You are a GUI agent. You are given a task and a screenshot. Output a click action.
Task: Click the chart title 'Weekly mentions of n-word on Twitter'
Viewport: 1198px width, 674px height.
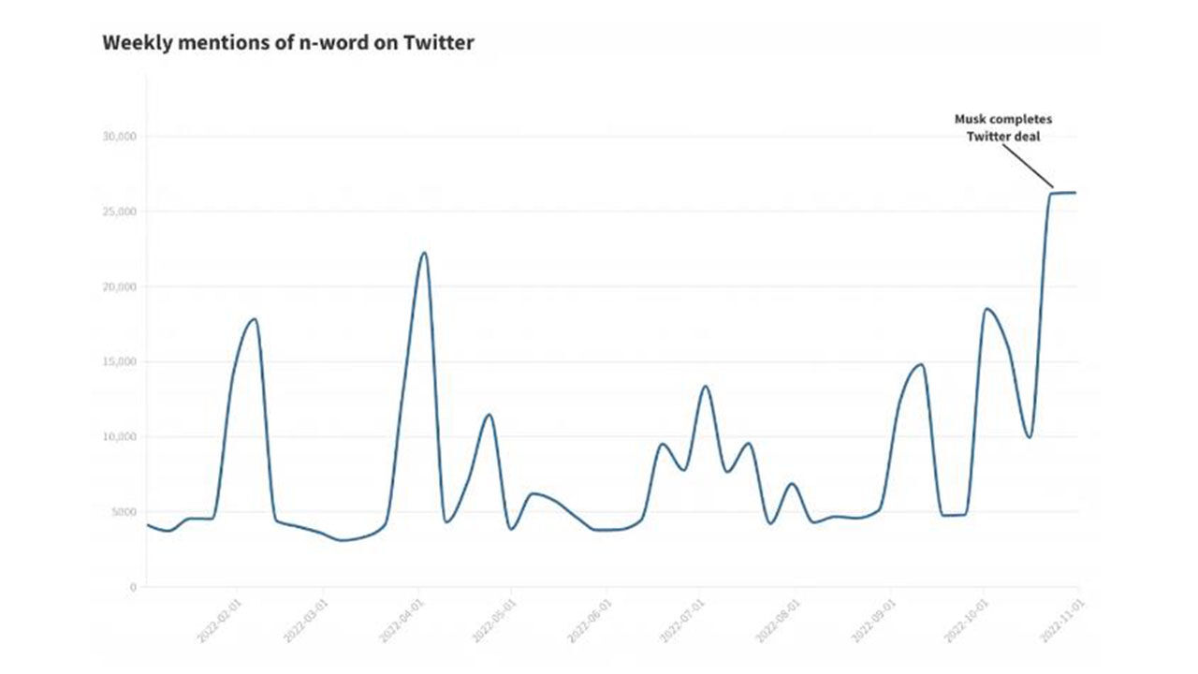pos(287,43)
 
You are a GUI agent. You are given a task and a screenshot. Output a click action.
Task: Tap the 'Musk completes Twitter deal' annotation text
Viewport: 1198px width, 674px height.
pos(1002,128)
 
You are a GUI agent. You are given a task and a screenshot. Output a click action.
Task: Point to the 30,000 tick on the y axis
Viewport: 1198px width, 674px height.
pos(119,137)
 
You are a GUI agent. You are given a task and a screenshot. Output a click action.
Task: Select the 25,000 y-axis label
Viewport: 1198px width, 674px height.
pos(119,212)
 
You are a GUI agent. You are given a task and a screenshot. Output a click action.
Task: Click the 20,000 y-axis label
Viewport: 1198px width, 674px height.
pos(119,286)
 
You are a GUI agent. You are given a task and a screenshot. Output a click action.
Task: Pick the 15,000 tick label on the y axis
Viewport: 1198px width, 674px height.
pos(119,362)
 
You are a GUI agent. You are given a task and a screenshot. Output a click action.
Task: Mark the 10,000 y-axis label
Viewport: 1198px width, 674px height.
pos(119,437)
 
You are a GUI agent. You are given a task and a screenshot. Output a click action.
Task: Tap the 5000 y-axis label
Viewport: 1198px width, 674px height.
pos(122,512)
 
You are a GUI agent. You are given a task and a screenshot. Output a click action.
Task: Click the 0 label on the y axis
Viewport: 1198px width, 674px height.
pos(132,587)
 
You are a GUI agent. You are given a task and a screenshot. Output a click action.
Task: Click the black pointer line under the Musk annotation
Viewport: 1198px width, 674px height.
pos(1030,167)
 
